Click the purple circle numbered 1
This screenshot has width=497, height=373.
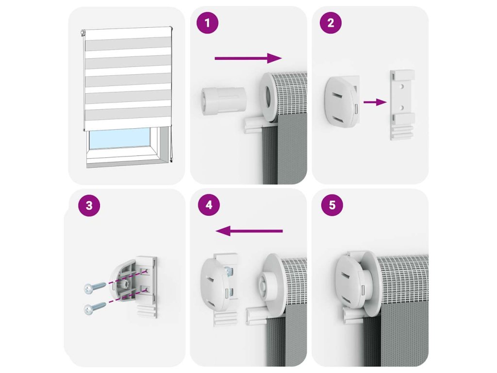208,23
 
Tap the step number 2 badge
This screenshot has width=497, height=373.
331,23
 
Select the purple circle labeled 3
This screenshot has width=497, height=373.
89,205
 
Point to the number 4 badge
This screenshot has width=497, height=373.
209,205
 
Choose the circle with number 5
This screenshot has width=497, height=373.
332,205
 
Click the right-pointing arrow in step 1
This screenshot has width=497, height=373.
248,58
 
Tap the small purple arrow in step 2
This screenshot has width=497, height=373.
375,102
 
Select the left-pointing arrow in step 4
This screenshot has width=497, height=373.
249,231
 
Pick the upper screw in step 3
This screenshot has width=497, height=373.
95,288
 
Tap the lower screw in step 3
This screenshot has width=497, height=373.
95,307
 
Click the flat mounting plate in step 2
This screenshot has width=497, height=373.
402,105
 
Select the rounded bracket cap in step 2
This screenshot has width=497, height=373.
342,102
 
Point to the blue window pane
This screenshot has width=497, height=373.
119,139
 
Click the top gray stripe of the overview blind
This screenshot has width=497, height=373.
128,44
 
